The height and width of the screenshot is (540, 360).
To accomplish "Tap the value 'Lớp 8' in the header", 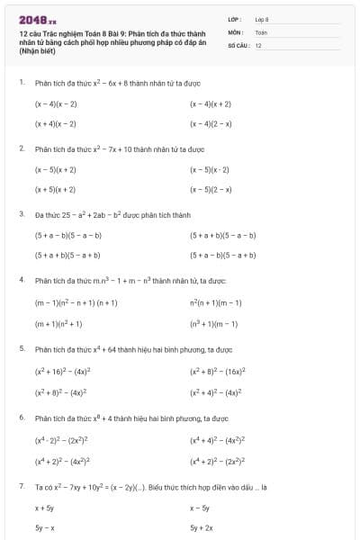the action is [x=262, y=19].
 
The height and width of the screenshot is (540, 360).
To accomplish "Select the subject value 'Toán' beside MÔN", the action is [x=262, y=31].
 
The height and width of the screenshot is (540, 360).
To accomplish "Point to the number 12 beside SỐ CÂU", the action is [x=259, y=45].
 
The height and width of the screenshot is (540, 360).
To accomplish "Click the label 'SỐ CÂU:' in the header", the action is [x=238, y=45].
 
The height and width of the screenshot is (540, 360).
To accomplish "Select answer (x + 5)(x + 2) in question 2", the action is [x=56, y=190].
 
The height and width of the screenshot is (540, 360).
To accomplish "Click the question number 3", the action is [x=21, y=214].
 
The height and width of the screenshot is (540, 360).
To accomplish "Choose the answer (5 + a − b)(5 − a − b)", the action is [x=68, y=236].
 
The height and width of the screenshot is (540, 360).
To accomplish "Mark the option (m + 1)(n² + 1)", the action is [x=58, y=323].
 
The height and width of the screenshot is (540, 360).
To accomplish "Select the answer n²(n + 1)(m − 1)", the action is [x=215, y=303].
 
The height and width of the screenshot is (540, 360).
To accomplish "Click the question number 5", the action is [x=21, y=347].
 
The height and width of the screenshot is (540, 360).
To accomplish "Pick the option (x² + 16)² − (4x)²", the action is [x=64, y=370].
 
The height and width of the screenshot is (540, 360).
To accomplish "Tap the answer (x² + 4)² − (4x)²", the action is [x=215, y=392].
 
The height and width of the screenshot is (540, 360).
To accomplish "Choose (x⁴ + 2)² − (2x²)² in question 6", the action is [x=215, y=461].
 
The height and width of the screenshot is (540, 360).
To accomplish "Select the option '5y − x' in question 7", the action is [x=45, y=528].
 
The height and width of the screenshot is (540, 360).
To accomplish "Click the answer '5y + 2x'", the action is [x=202, y=528].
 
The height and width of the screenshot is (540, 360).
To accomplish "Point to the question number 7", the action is [x=21, y=486].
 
